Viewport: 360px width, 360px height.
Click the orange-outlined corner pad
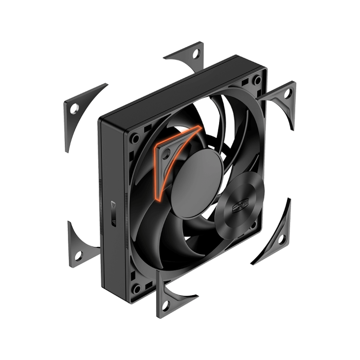(170, 154)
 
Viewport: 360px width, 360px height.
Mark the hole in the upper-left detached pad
(75, 107)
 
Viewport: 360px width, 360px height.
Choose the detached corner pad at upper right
(281, 100)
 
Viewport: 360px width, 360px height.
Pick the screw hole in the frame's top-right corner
(256, 80)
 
